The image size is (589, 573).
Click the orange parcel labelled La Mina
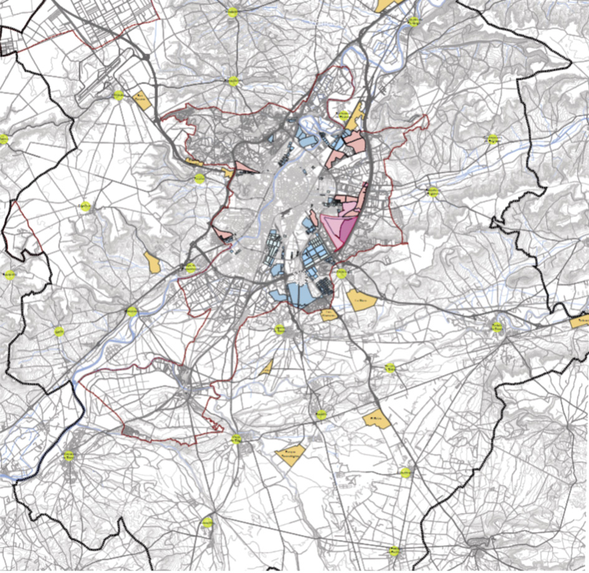click(360, 300)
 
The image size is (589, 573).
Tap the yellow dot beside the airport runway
click(118, 95)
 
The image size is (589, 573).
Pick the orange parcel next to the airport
click(143, 100)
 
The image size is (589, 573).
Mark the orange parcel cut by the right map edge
click(580, 322)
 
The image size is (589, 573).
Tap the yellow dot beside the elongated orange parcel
click(342, 114)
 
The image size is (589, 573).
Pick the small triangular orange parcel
click(267, 367)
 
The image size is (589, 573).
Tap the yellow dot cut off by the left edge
click(3, 138)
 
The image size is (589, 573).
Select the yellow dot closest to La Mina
click(341, 273)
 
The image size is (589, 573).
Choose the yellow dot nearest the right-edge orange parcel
click(497, 326)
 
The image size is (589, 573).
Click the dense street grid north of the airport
click(106, 22)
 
